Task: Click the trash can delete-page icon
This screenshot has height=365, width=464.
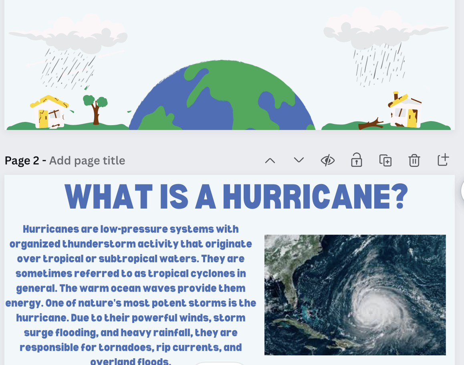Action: pos(414,160)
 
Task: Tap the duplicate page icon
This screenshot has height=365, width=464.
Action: pos(385,160)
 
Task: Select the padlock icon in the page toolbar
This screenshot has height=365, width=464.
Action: pos(357,160)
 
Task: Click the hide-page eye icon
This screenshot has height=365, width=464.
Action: pos(328,160)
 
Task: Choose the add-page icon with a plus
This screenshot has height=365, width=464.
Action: pos(443,160)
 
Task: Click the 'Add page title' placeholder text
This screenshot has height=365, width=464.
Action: pos(87,160)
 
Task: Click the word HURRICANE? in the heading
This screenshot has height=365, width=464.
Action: pos(315,197)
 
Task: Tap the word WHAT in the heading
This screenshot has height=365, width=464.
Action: pos(108,197)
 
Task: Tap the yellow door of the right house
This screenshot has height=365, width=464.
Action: pos(412,118)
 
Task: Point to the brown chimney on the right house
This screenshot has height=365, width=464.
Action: pos(395,96)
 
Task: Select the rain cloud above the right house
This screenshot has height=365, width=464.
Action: pos(382,28)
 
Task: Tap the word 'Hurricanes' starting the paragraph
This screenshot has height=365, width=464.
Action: pos(51,229)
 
